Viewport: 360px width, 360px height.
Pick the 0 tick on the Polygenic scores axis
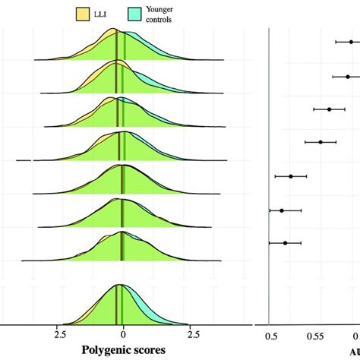pos(123,333)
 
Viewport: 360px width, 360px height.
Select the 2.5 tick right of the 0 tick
pos(193,333)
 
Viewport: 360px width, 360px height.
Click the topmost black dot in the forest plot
pos(351,42)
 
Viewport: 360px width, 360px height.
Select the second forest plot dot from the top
pos(348,76)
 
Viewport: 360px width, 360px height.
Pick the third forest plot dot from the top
pos(330,109)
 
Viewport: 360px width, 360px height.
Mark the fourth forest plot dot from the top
pos(321,141)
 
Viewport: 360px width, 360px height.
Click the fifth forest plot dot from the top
pos(291,176)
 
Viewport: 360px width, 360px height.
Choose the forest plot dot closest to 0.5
pos(282,210)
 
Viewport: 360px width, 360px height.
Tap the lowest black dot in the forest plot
pos(286,243)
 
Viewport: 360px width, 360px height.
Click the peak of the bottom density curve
pos(119,286)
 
